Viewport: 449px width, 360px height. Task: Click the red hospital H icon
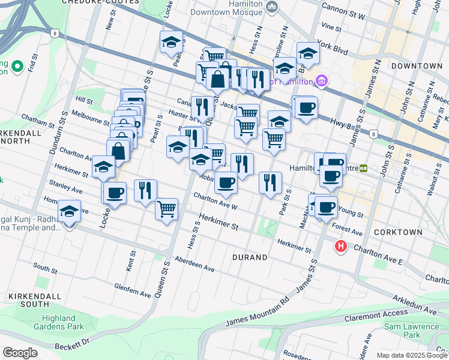[x=341, y=247]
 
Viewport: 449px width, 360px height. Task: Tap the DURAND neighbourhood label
[x=249, y=257]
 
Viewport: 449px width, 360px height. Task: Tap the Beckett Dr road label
[x=73, y=344]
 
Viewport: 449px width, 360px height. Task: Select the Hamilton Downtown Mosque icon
[x=272, y=7]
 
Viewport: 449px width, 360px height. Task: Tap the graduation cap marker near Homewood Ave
[x=70, y=211]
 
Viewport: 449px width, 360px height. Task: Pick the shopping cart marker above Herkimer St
[x=166, y=209]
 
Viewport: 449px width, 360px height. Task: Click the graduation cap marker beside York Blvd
[x=308, y=53]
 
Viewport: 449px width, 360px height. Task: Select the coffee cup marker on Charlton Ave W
[x=226, y=182]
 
